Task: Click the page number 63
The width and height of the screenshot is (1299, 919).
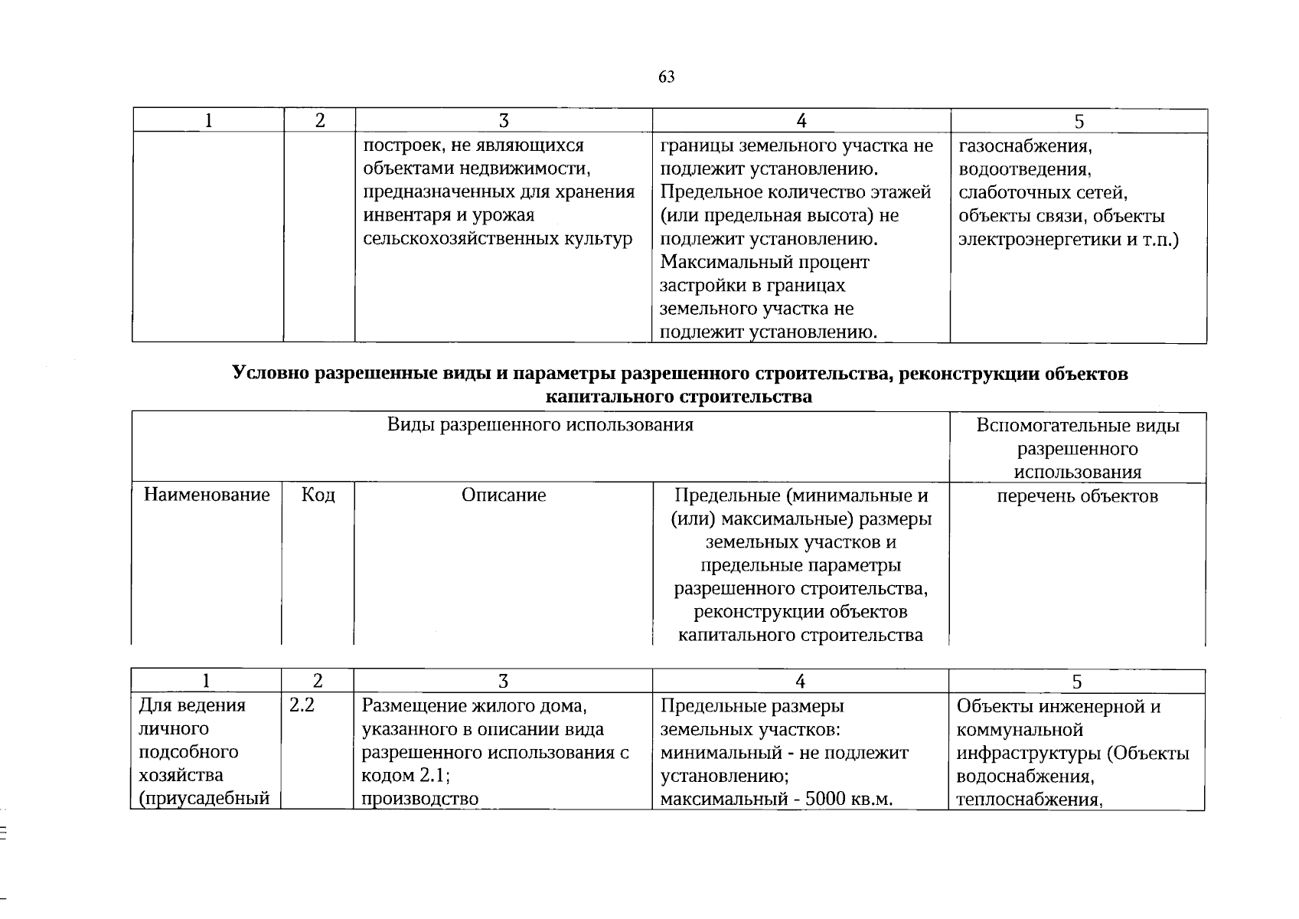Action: [x=666, y=77]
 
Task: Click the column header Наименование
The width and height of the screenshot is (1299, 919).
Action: [x=207, y=495]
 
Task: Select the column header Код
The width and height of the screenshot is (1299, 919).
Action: [x=318, y=495]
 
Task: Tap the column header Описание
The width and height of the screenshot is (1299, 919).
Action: [x=504, y=495]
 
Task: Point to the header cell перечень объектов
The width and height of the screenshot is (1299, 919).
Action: [x=1077, y=496]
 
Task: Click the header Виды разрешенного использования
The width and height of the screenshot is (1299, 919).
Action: [x=540, y=425]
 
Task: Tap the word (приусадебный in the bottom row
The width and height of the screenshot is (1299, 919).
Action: [x=204, y=800]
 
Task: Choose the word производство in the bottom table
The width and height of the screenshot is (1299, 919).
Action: [x=419, y=800]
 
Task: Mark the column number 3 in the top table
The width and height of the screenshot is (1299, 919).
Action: [x=503, y=120]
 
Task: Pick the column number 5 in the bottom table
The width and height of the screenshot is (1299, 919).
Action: [x=1077, y=682]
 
